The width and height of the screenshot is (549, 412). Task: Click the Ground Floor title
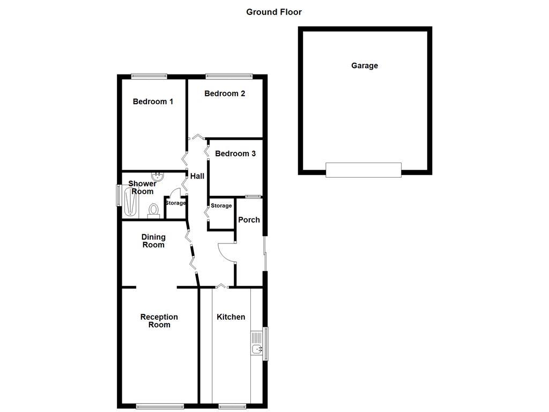[274, 12]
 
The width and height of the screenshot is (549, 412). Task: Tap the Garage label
[365, 65]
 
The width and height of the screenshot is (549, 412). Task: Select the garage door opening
[363, 170]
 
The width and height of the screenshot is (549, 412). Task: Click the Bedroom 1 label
[153, 101]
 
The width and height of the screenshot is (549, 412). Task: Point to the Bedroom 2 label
[225, 93]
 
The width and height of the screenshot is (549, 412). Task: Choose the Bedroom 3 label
[235, 153]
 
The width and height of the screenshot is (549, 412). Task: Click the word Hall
[197, 176]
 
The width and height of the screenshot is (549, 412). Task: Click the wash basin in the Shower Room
[158, 176]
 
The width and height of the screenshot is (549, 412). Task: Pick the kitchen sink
[257, 343]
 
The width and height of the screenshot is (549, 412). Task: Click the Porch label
[249, 219]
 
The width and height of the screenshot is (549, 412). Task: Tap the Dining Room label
[153, 241]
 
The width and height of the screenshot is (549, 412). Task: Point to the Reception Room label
[159, 321]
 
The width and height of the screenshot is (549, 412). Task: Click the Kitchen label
[231, 317]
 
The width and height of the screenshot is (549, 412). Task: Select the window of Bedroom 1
[150, 76]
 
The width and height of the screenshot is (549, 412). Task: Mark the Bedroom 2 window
[229, 76]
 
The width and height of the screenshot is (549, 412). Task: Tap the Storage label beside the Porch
[221, 206]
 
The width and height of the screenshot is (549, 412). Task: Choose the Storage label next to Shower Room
[175, 203]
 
